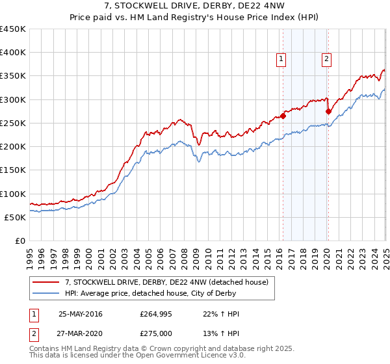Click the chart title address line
pos(195,6)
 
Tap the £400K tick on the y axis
pos(13,53)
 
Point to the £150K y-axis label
pos(13,170)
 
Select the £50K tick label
pos(16,217)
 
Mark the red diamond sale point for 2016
pos(283,116)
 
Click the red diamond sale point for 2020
pos(328,112)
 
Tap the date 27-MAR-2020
pos(80,333)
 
